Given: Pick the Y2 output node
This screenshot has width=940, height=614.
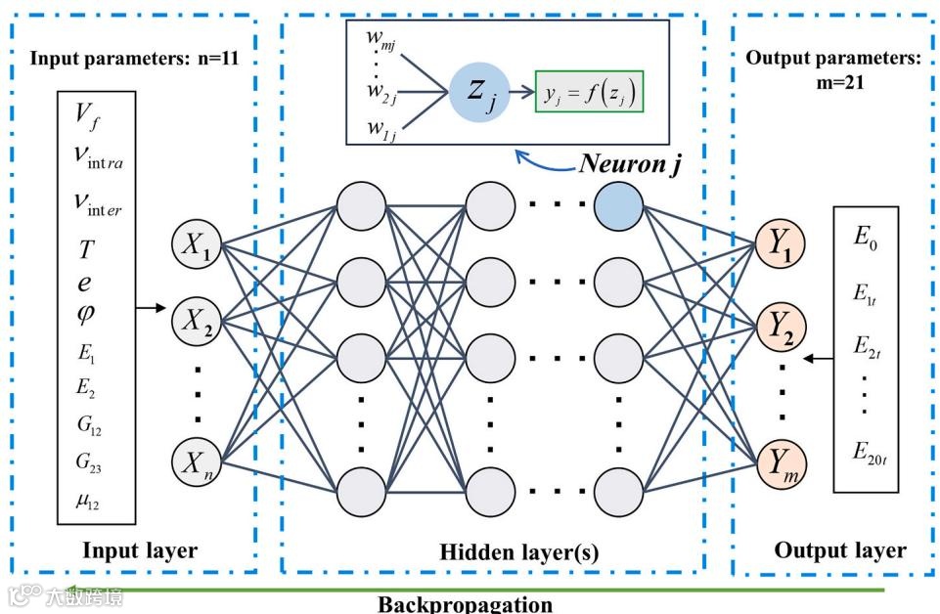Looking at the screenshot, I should click(x=781, y=320).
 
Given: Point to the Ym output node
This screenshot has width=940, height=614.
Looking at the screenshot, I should click(x=781, y=460).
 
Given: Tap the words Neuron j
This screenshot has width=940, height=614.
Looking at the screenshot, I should click(x=631, y=162).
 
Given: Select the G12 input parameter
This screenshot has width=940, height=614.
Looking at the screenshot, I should click(x=87, y=427).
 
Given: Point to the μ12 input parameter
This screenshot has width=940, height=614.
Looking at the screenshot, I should click(x=87, y=502).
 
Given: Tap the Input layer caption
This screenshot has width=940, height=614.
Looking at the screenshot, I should click(x=140, y=550).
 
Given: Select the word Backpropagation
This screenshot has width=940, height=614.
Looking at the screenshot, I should click(x=465, y=603).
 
